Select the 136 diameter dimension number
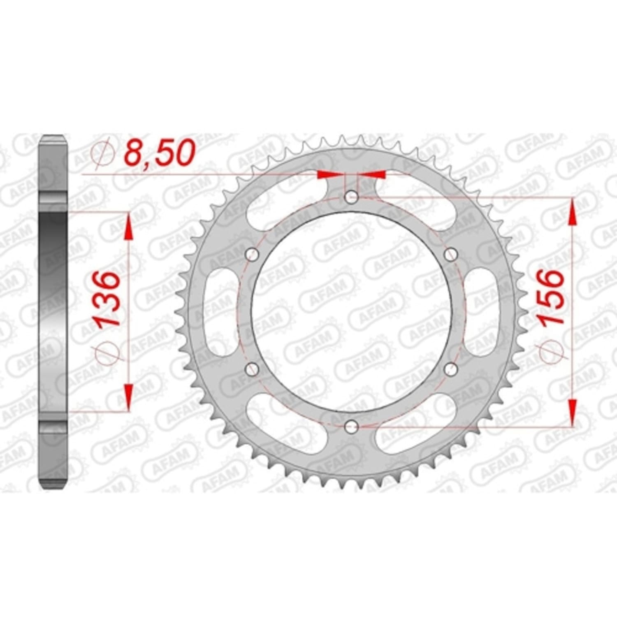(x=109, y=298)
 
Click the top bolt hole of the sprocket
(x=351, y=197)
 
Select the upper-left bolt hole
(x=252, y=255)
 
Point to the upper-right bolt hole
(x=450, y=255)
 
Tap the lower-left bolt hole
(x=252, y=369)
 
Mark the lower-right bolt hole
(x=450, y=369)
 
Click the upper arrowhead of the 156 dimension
(x=571, y=212)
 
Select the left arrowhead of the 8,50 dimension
(x=325, y=174)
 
